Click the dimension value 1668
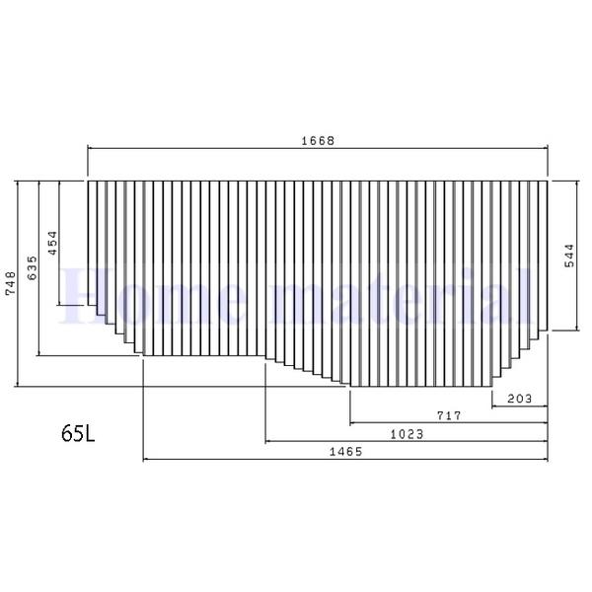tap(318, 140)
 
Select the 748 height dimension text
tap(11, 283)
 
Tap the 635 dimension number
tap(32, 268)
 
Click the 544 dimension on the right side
tap(568, 257)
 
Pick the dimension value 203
tap(519, 399)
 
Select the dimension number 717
tap(449, 416)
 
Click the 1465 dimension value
tap(345, 452)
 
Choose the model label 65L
tap(78, 433)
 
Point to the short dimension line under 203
tap(519, 406)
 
